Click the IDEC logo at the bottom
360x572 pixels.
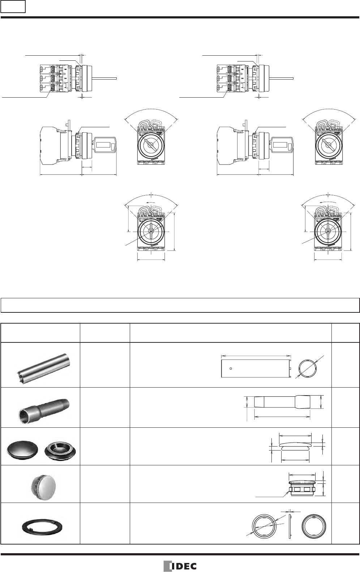coord(180,566)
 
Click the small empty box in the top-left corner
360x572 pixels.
coord(13,7)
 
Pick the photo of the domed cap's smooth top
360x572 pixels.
coord(22,448)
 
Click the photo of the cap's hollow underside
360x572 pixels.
coord(60,449)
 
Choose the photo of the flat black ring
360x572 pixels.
coord(42,527)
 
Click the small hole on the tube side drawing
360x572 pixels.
coord(231,368)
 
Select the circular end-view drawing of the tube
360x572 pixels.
coord(308,368)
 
